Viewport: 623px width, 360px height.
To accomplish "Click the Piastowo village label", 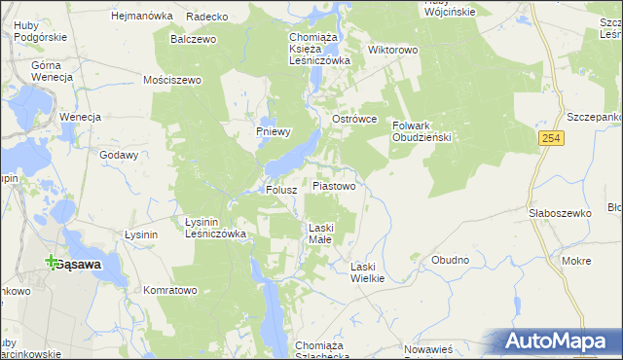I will click(340, 185).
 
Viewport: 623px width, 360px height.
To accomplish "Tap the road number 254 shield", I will click(552, 140).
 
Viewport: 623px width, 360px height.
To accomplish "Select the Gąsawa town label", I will click(80, 264).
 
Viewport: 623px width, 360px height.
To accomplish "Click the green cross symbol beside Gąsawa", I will click(51, 261).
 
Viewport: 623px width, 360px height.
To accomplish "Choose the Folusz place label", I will click(280, 191).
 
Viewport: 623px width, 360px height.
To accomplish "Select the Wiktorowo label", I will click(392, 49).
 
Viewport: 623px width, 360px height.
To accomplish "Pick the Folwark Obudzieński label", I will click(422, 131).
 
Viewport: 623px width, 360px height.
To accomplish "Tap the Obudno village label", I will click(450, 260).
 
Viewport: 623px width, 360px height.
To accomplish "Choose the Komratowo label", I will click(170, 290).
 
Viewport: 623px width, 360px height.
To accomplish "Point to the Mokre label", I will click(576, 261).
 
